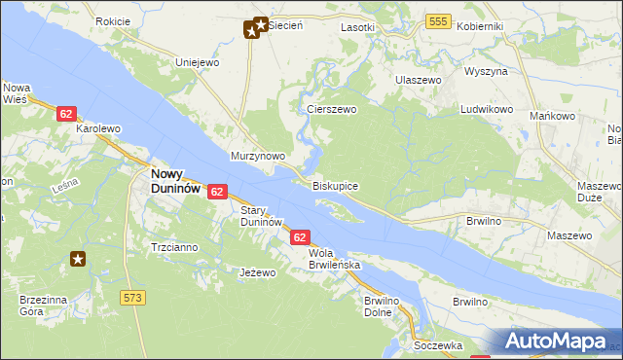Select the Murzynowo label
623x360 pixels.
coord(257,156)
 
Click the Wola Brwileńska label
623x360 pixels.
coord(335,259)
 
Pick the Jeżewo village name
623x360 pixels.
coord(258,273)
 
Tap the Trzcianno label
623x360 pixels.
coord(174,247)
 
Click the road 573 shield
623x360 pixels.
coord(134,296)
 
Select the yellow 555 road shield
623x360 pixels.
coord(438,21)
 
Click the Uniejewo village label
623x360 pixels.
coord(196,62)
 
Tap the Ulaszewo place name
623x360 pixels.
coord(418,80)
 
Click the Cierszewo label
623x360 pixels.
coord(332,110)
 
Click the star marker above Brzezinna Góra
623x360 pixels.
coord(78,259)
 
